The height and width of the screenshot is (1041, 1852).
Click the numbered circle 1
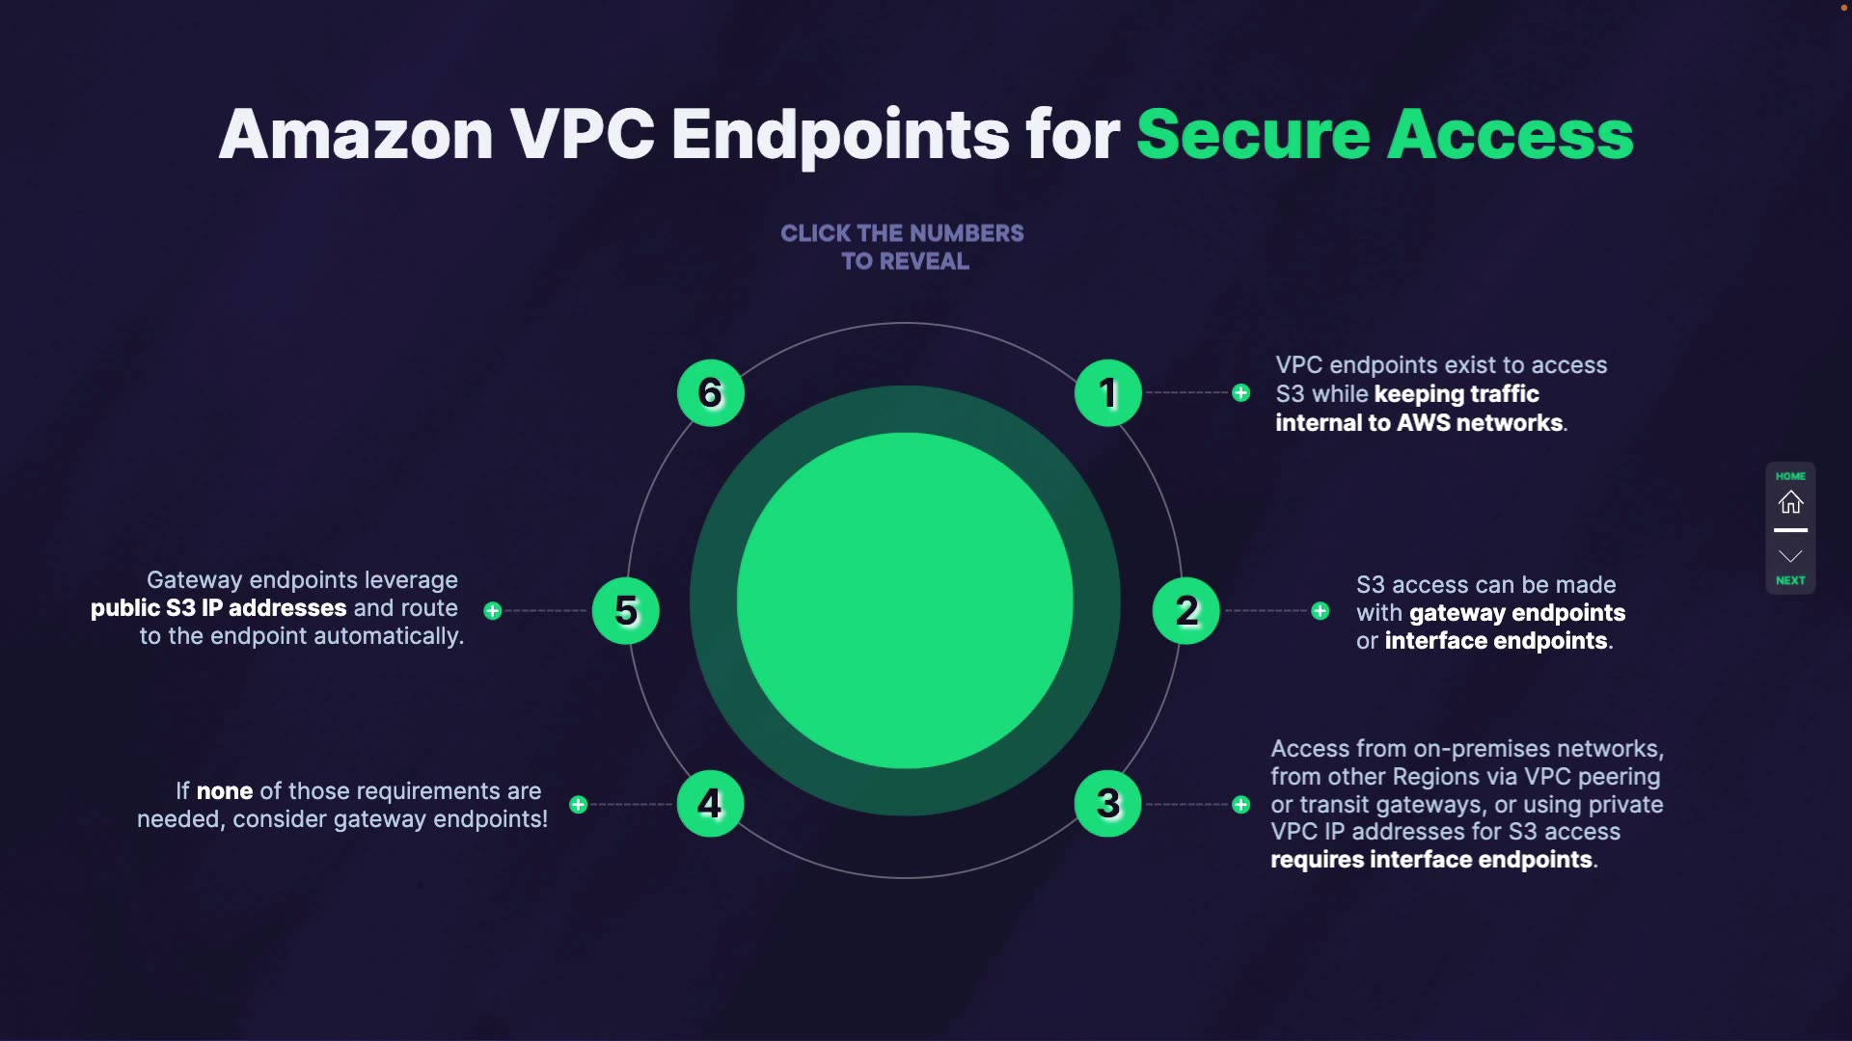(x=1107, y=393)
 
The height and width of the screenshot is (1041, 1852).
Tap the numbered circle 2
(x=1185, y=611)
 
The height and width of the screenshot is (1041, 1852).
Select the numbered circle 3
(x=1107, y=804)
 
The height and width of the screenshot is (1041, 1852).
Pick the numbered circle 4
(x=710, y=804)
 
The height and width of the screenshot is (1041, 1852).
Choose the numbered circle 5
(x=626, y=611)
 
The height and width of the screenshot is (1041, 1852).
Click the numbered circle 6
(x=710, y=393)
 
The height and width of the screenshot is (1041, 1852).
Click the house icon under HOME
(x=1790, y=502)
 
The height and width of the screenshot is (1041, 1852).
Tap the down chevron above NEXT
(x=1790, y=556)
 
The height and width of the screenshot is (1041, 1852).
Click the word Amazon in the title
(x=356, y=134)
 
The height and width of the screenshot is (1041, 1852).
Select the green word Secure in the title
(x=1253, y=134)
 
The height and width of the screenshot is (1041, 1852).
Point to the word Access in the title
(x=1511, y=134)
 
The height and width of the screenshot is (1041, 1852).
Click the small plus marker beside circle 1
(x=1241, y=393)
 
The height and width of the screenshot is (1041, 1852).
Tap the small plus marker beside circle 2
(x=1321, y=611)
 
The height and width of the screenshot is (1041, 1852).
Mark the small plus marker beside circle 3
(x=1241, y=805)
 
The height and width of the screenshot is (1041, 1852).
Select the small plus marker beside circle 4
(x=578, y=805)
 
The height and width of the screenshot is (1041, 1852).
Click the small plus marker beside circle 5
(x=493, y=611)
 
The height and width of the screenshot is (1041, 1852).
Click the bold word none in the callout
(x=225, y=791)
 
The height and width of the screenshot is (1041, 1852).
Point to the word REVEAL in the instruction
(x=924, y=261)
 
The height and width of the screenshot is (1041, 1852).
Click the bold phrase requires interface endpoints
(x=1431, y=860)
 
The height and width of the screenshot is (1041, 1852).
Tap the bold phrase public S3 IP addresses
(x=218, y=608)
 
